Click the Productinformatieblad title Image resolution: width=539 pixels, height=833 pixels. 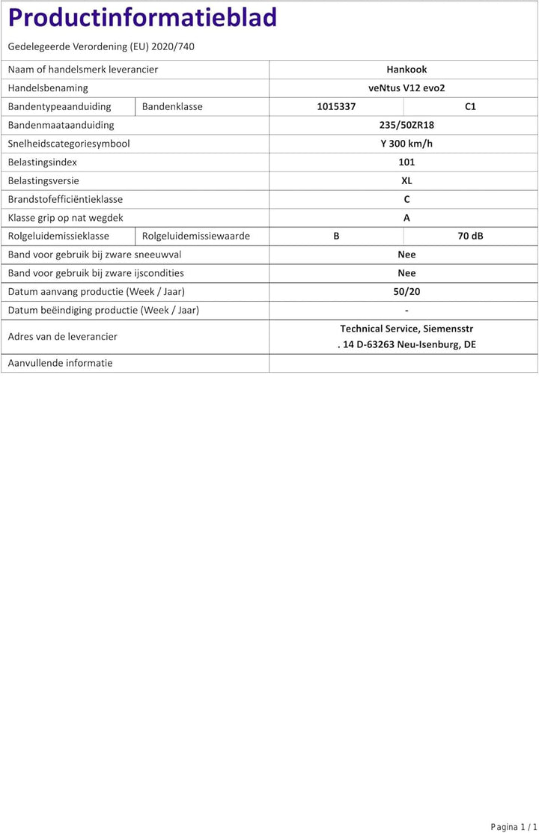pyautogui.click(x=142, y=18)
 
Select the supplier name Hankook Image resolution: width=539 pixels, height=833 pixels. pyautogui.click(x=406, y=70)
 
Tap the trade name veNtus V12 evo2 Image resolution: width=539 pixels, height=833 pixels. pyautogui.click(x=406, y=88)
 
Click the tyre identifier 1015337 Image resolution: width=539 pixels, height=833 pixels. pyautogui.click(x=336, y=106)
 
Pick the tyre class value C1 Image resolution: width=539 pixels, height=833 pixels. pyautogui.click(x=470, y=106)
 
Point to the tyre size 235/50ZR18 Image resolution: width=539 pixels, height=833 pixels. pyautogui.click(x=406, y=125)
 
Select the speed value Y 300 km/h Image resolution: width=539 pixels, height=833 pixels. pyautogui.click(x=406, y=144)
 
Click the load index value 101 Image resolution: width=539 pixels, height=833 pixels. pyautogui.click(x=406, y=162)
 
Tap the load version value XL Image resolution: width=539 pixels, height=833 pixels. pyautogui.click(x=406, y=180)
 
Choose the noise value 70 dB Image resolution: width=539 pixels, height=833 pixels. pyautogui.click(x=470, y=237)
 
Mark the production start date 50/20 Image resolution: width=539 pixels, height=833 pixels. pyautogui.click(x=406, y=292)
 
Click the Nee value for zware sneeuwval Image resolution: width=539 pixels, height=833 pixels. pyautogui.click(x=406, y=254)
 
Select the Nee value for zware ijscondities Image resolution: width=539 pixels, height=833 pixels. pyautogui.click(x=406, y=273)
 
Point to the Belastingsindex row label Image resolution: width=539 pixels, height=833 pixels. pyautogui.click(x=43, y=162)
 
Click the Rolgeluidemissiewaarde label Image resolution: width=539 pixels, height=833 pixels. pyautogui.click(x=196, y=237)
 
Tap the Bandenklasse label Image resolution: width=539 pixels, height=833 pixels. pyautogui.click(x=172, y=106)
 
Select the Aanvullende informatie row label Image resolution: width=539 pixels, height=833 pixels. pyautogui.click(x=60, y=363)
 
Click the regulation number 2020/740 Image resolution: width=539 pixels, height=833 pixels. pyautogui.click(x=173, y=46)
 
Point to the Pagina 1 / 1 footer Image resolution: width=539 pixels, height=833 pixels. pyautogui.click(x=514, y=826)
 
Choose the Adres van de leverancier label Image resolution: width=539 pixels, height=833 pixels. pyautogui.click(x=62, y=337)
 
